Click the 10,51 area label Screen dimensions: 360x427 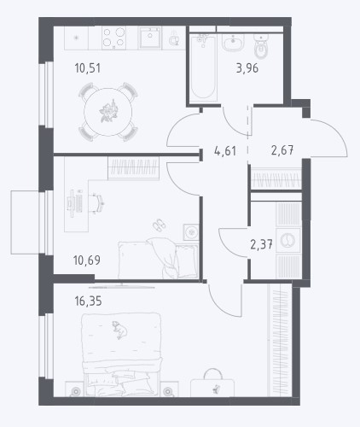(87, 68)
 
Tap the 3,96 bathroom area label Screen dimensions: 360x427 (247, 68)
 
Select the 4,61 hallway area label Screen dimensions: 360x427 (225, 151)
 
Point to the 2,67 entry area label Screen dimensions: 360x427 (282, 150)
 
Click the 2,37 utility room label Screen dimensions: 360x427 (261, 244)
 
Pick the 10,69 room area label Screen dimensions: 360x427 (87, 260)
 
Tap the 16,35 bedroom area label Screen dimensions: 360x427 (88, 301)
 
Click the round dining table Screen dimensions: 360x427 (108, 112)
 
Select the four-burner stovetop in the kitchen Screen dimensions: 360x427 (113, 38)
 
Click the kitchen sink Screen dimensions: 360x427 (150, 38)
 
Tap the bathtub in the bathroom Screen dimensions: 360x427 (203, 66)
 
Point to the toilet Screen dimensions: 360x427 (261, 47)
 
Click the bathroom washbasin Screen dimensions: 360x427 (233, 43)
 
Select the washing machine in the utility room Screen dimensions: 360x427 (288, 240)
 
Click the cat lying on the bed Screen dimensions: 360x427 (119, 330)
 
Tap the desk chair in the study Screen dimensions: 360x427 (99, 202)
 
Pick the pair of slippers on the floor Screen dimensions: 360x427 (159, 225)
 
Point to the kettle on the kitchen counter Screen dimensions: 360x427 (173, 40)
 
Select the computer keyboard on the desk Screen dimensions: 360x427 (79, 202)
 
